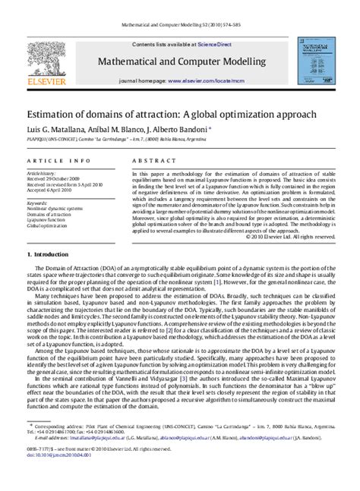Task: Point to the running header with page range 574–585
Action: click(x=179, y=25)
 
